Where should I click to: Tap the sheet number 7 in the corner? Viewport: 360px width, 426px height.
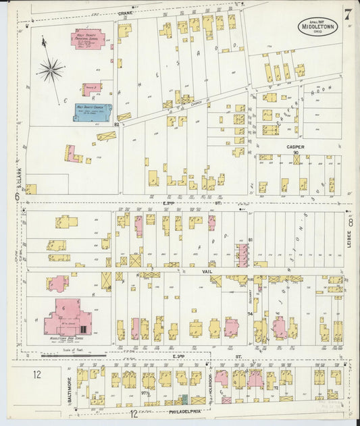click(x=346, y=13)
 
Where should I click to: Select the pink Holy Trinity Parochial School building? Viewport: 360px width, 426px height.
click(x=87, y=38)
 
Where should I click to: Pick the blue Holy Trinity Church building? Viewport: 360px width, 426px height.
click(x=93, y=111)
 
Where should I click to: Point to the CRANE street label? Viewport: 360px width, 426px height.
click(x=125, y=13)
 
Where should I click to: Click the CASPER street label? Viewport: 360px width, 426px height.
click(x=295, y=147)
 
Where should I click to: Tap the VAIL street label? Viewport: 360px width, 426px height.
click(x=207, y=268)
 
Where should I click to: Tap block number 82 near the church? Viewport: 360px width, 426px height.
click(x=117, y=124)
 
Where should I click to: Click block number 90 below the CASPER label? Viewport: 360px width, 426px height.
click(x=296, y=153)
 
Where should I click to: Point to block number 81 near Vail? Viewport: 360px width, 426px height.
click(x=250, y=240)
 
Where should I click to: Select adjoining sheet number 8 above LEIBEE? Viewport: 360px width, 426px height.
click(x=351, y=221)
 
